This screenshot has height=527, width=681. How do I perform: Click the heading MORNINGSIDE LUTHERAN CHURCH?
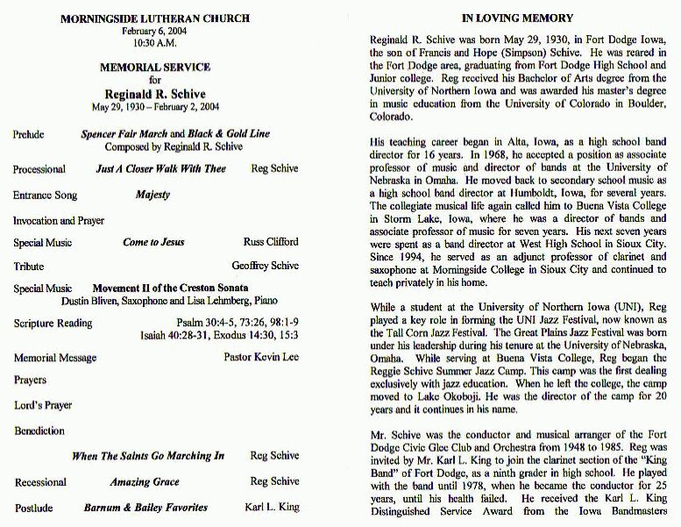click(154, 18)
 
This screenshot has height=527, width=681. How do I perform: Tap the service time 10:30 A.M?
click(154, 42)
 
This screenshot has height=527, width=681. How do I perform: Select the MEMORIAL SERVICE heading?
click(154, 67)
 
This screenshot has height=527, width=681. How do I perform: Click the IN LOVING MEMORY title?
click(517, 18)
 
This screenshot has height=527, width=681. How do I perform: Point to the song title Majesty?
click(153, 195)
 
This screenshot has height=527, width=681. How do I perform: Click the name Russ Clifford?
click(271, 242)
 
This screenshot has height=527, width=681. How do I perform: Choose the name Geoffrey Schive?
click(265, 266)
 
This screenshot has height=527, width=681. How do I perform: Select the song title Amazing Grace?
click(145, 481)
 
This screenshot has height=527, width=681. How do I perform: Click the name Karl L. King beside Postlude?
click(272, 507)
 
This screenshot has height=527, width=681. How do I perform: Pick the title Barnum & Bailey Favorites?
click(145, 507)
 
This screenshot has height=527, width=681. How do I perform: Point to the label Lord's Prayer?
click(43, 405)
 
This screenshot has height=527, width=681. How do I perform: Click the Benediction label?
click(39, 431)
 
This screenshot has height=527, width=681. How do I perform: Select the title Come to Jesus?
click(153, 242)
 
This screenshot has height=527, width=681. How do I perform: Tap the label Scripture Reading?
click(53, 323)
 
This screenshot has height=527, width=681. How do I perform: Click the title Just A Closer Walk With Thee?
click(160, 168)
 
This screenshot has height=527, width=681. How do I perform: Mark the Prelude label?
click(29, 135)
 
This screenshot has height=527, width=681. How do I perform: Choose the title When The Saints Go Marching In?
click(148, 456)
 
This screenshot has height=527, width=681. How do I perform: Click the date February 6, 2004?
click(154, 31)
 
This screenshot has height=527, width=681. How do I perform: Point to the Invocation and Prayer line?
click(59, 220)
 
